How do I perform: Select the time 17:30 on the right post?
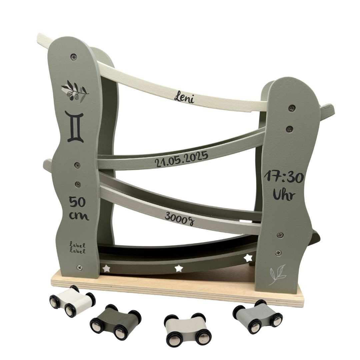[x=284, y=178]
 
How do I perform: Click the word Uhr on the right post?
[x=284, y=195]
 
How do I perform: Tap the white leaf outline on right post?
[x=277, y=274]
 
